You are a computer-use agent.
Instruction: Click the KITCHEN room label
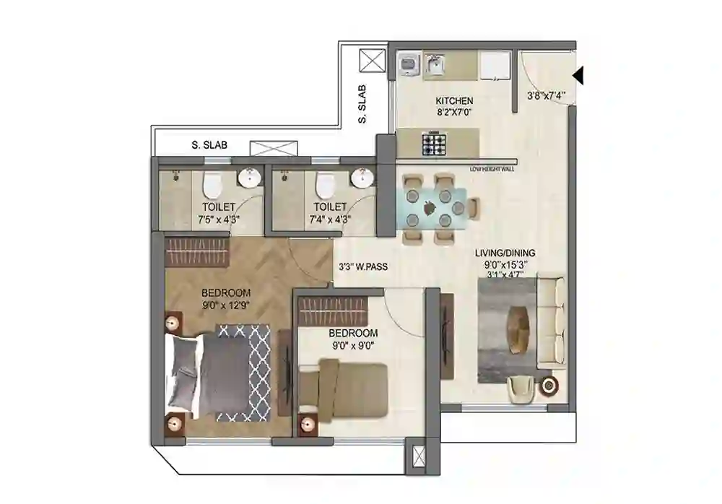pos(454,100)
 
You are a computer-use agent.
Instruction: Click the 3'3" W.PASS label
pos(363,266)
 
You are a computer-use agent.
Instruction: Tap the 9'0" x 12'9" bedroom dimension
pos(226,305)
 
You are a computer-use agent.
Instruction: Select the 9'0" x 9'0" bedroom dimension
pos(353,345)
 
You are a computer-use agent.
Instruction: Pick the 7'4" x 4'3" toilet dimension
pos(330,220)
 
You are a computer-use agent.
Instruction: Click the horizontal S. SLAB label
pos(209,145)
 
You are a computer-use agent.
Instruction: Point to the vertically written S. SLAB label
pos(362,105)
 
